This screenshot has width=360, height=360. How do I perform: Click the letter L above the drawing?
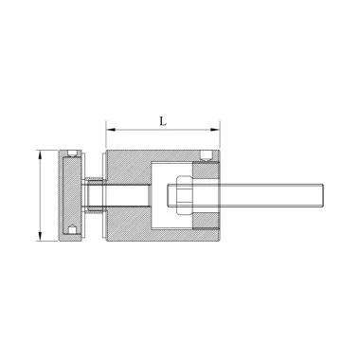(164, 121)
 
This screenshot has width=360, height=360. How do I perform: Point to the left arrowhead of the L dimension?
(109, 130)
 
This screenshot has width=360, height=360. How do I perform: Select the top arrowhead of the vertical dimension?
(41, 153)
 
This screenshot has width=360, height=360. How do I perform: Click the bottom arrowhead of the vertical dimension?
(41, 239)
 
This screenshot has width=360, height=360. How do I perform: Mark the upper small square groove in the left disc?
(73, 154)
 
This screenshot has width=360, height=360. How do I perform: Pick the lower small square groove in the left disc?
(73, 228)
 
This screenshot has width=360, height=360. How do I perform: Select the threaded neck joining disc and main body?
(94, 195)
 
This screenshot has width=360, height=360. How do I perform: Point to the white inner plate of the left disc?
(71, 193)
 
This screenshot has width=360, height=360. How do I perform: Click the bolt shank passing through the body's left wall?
(129, 196)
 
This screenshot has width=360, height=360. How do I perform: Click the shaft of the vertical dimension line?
(41, 195)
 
